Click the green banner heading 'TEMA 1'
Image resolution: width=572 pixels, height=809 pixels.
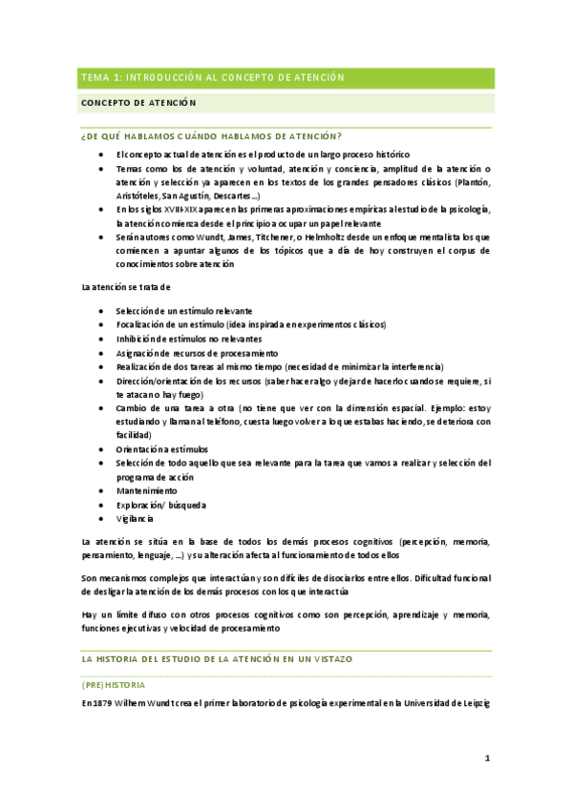pyautogui.click(x=212, y=77)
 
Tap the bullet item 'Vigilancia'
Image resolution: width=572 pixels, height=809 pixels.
pyautogui.click(x=135, y=518)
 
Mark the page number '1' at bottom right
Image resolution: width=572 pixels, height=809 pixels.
pyautogui.click(x=486, y=758)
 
